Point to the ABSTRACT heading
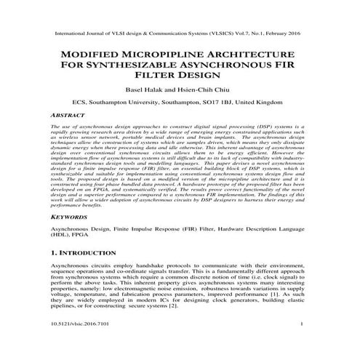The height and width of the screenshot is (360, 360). point(68,115)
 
